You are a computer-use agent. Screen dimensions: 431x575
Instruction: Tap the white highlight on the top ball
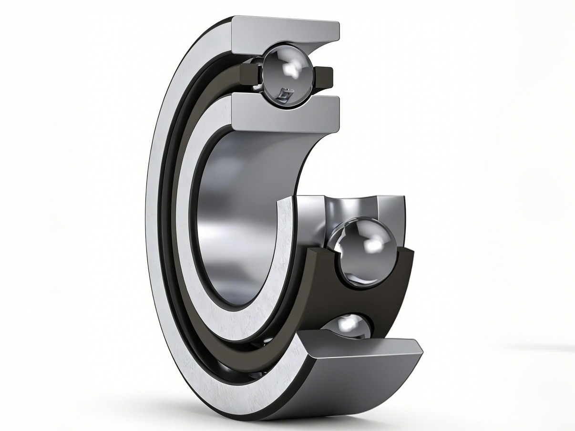[x=290, y=69]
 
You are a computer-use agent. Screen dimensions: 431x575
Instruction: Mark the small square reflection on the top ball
[x=285, y=94]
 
